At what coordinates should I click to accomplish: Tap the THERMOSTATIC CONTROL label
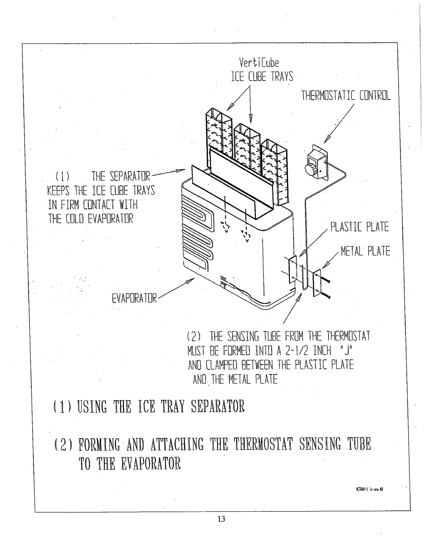click(346, 96)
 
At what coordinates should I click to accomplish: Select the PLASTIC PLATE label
click(359, 227)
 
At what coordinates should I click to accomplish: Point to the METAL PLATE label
click(365, 251)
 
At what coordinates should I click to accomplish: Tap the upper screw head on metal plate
click(330, 282)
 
